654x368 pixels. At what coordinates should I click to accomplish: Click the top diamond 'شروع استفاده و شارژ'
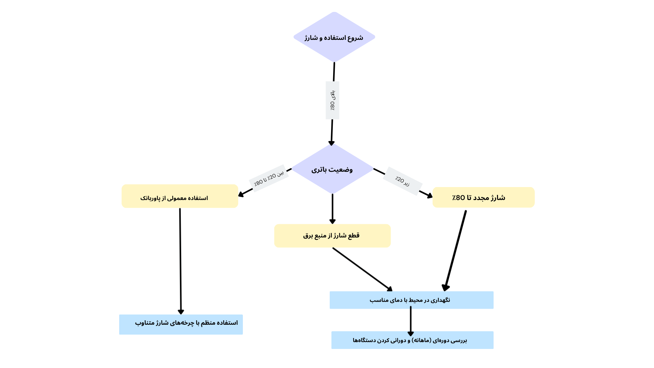334,37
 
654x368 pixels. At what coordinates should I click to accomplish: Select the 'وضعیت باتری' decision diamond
332,169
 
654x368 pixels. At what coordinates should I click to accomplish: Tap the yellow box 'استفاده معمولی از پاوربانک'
180,197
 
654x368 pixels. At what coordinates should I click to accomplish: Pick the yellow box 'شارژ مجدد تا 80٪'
483,197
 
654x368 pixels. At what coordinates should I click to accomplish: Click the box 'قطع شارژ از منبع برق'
332,236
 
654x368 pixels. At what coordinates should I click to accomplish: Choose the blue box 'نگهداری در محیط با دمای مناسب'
411,300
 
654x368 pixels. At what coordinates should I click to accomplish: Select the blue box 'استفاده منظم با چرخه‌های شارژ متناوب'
181,324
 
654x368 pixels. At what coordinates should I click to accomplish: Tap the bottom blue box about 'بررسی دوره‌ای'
412,340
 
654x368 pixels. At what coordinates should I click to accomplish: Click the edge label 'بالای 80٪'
332,100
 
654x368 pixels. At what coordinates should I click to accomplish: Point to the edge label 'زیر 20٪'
402,181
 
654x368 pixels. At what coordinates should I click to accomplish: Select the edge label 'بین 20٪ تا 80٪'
269,178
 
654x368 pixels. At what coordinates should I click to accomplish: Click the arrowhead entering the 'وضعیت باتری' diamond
331,143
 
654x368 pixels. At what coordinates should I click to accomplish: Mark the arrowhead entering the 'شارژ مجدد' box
430,196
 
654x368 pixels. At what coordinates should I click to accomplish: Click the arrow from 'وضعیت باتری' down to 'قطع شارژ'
332,208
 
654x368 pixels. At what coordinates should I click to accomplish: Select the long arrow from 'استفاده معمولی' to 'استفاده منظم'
180,259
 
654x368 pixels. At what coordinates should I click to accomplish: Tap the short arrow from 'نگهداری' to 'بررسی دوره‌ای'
410,320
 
